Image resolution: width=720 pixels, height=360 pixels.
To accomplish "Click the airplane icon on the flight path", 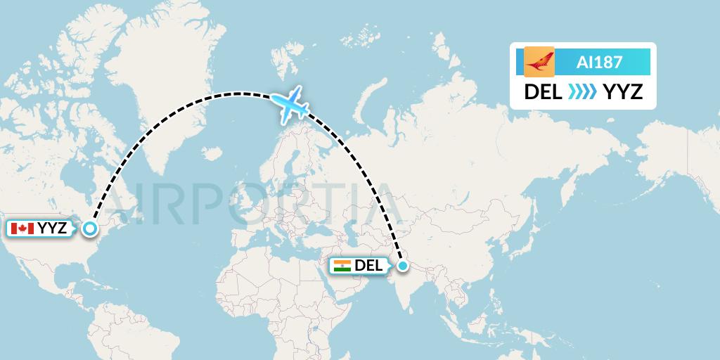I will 289,105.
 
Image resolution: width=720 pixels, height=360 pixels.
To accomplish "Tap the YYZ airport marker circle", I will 89,228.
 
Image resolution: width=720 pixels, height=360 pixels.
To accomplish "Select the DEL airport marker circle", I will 402,266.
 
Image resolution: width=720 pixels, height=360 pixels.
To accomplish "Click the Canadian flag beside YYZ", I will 22,229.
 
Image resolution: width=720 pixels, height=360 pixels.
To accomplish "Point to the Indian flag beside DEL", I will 342,266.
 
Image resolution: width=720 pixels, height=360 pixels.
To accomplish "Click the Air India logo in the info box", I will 539,62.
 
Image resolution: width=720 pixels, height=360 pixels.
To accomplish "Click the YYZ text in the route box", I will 624,92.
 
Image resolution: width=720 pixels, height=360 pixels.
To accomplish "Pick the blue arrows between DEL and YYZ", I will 583,92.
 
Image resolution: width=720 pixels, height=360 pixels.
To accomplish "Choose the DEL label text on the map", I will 369,266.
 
